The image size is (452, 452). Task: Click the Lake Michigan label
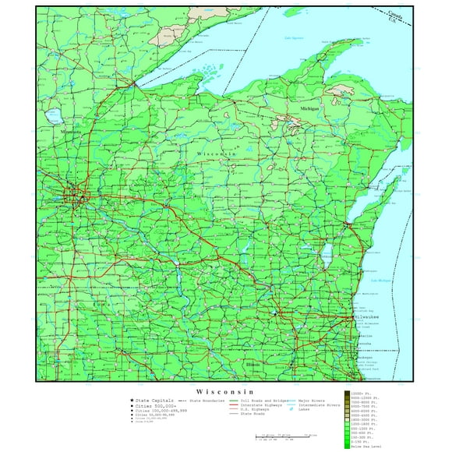(381, 281)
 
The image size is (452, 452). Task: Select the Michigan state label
(309, 108)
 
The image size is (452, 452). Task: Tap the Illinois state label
(253, 364)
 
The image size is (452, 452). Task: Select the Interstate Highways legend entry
(260, 405)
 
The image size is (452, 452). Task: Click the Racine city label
(365, 330)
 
